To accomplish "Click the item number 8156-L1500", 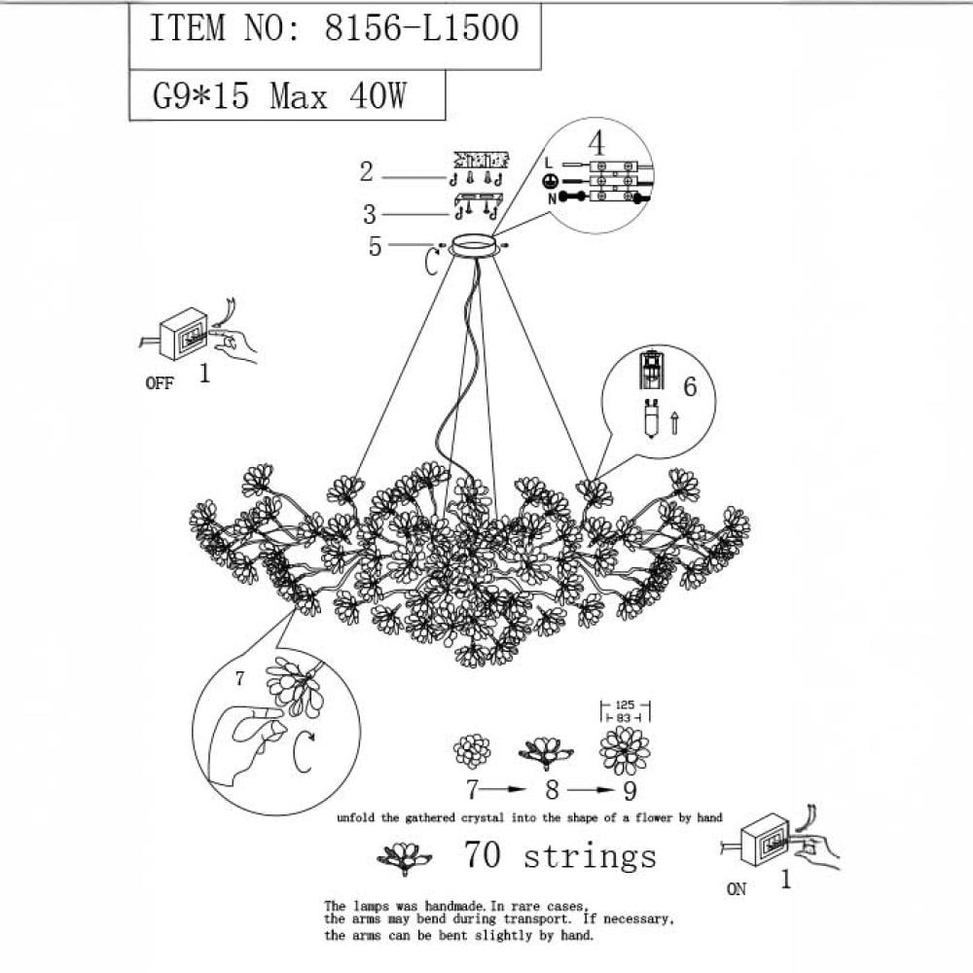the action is click(421, 28).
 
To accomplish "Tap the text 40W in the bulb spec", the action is click(378, 95).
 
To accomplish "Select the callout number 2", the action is click(367, 171).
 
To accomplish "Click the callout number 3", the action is click(370, 214).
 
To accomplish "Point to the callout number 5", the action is click(375, 246).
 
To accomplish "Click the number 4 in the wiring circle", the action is click(596, 143).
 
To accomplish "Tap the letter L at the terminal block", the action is click(548, 163).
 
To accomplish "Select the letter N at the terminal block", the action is click(552, 198).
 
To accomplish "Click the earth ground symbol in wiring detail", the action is click(549, 181).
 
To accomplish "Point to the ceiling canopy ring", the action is click(474, 244).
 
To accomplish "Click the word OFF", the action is click(160, 383).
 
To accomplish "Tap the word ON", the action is click(737, 888).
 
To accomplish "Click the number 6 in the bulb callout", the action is click(690, 386).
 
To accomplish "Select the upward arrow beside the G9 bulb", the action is click(674, 422).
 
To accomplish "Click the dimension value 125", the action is click(625, 704).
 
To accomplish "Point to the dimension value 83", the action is click(625, 717).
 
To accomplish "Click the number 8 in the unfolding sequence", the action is click(553, 790).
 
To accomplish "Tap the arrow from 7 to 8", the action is click(504, 789).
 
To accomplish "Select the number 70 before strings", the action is click(483, 854).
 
